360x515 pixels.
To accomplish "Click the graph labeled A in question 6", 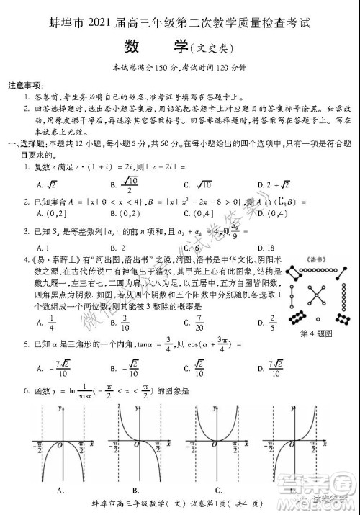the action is tap(62, 447).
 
